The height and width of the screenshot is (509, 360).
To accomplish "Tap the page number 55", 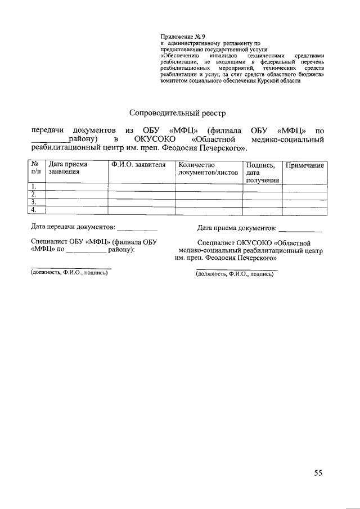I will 319,472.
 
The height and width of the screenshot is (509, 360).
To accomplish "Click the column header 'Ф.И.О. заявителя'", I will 138,165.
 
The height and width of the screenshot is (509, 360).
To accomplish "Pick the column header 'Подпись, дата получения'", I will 262,172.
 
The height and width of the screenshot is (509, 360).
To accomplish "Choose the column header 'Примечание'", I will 305,165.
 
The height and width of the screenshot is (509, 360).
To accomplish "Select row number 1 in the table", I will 35,187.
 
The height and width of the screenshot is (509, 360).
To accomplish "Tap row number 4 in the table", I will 35,210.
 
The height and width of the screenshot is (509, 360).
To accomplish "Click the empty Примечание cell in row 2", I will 305,195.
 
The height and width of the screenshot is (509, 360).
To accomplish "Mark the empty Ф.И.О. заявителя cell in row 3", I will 141,202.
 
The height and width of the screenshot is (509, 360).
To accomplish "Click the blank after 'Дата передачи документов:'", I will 137,229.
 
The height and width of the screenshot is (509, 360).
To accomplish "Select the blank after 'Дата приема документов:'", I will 300,229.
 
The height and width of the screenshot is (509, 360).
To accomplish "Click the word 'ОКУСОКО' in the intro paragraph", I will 156,139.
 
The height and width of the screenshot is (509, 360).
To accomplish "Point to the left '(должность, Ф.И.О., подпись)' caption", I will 69,273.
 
